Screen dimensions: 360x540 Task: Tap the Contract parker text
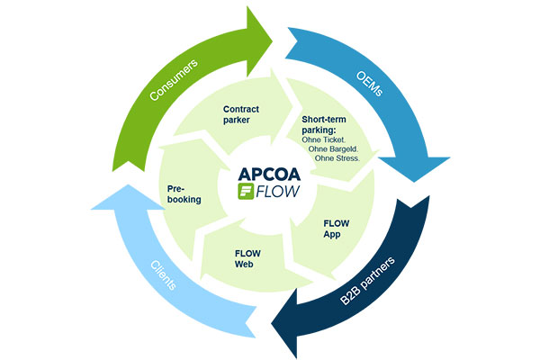(x=241, y=112)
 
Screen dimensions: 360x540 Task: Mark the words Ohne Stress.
(x=340, y=159)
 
